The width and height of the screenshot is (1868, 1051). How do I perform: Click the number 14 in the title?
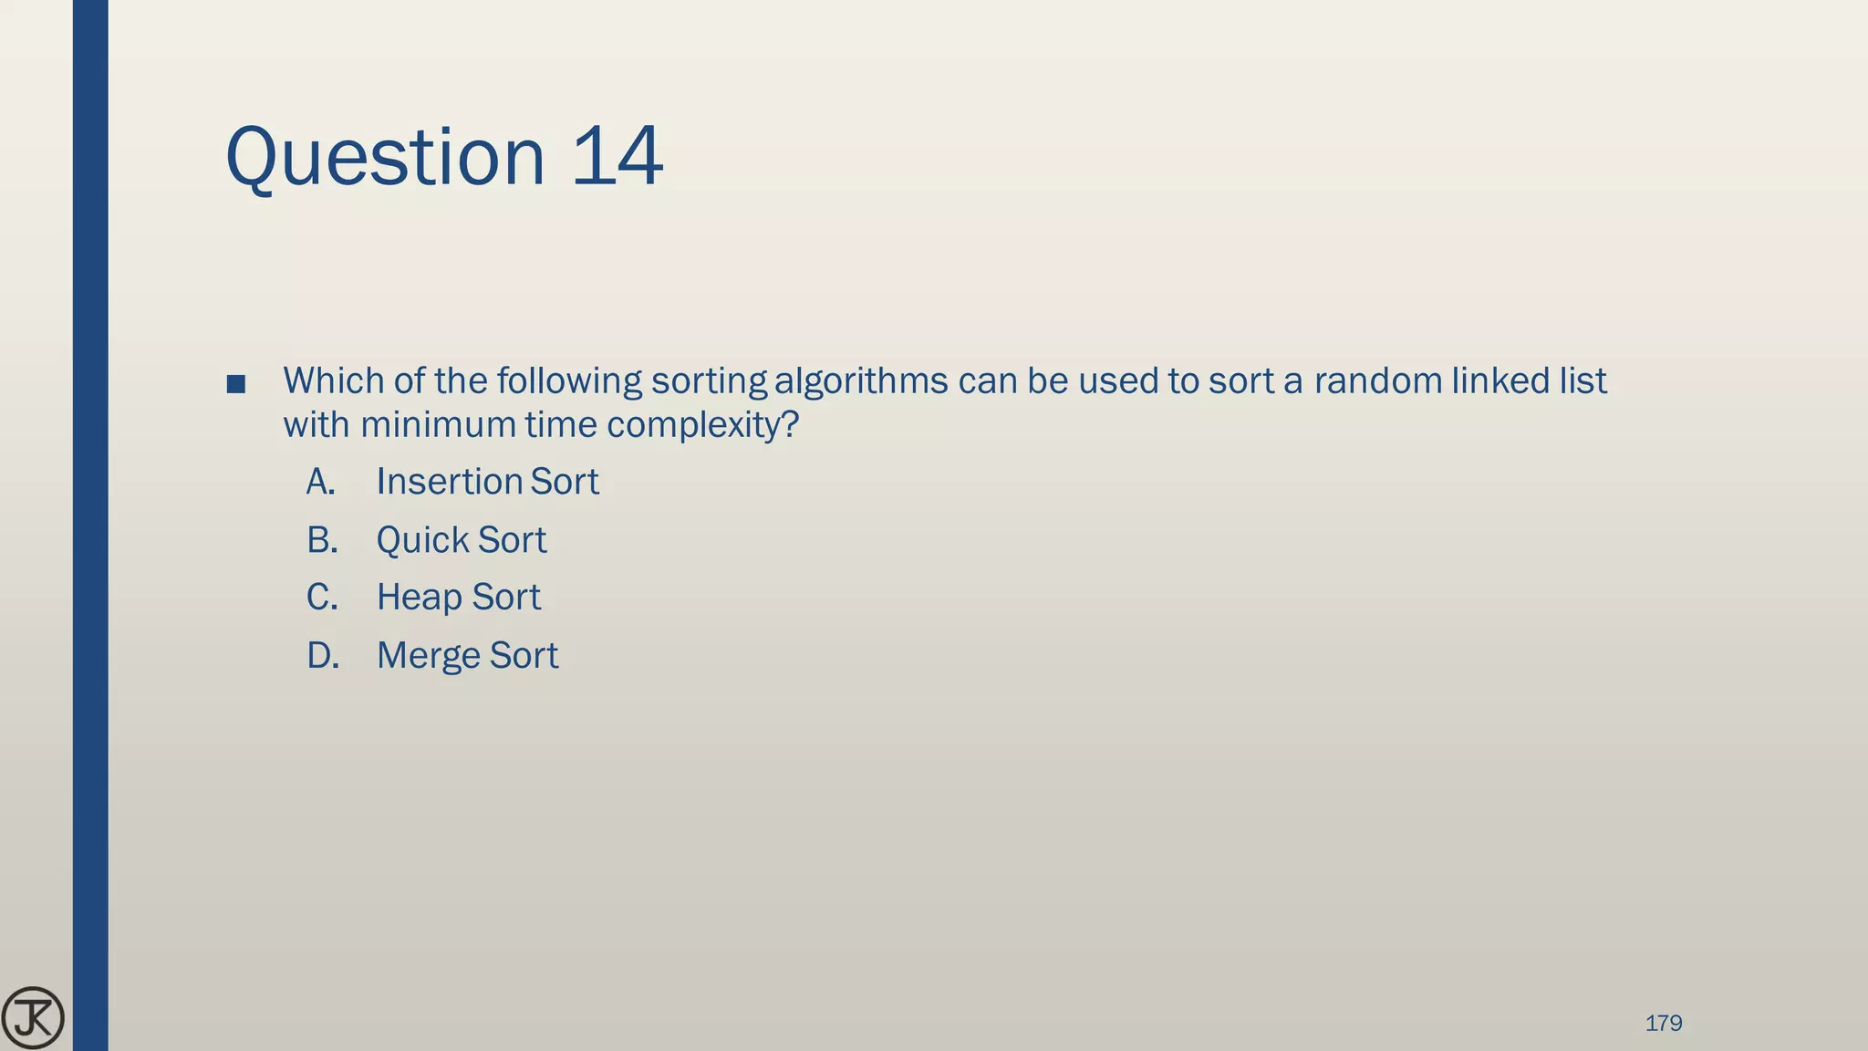(x=617, y=157)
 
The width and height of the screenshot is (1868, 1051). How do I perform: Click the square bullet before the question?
(x=236, y=384)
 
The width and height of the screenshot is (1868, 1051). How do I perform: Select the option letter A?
(x=320, y=482)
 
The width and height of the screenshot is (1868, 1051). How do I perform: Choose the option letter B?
(x=322, y=540)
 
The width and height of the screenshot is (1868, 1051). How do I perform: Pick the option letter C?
(x=322, y=598)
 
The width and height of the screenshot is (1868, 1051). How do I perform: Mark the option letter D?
(x=323, y=656)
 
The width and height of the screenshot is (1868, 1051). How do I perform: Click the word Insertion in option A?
(x=449, y=482)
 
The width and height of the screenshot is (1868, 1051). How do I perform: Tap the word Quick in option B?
(x=422, y=540)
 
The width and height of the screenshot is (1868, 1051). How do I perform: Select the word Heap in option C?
(x=420, y=598)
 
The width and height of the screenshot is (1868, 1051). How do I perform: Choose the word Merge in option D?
(x=428, y=657)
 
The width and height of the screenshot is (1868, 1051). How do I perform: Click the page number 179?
(x=1663, y=1024)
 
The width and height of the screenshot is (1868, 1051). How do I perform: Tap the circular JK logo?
(x=33, y=1018)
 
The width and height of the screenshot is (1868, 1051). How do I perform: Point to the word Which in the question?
(x=334, y=381)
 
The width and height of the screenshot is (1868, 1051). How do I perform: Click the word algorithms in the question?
(x=861, y=381)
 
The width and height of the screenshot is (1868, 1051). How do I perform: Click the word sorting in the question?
(x=709, y=381)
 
